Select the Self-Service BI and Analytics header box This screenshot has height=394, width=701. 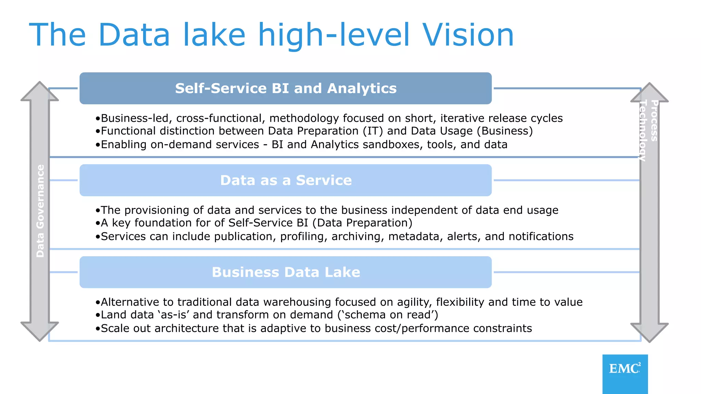pos(285,88)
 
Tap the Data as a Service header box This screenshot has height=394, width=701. pos(285,180)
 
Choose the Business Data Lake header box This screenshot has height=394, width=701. pos(285,272)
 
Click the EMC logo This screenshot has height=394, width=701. pos(625,373)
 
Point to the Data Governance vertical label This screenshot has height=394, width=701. pos(40,211)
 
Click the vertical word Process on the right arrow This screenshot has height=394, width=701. pos(654,120)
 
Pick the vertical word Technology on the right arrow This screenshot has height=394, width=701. pos(643,130)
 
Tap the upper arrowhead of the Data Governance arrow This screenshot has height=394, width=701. pos(40,91)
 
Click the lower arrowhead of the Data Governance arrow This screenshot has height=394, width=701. pos(40,331)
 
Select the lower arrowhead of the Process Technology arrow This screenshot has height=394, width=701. pos(649,332)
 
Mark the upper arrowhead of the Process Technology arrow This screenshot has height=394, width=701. pos(649,92)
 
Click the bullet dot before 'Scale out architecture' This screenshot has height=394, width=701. pos(98,329)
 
